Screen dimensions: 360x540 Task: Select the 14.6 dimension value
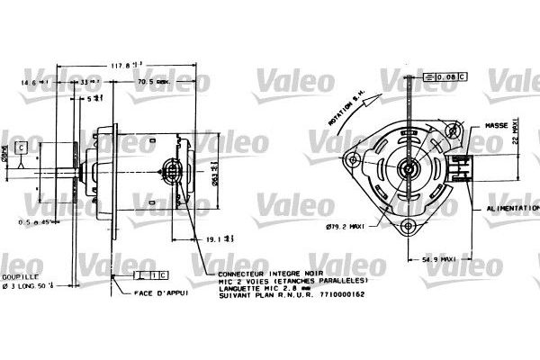point(25,82)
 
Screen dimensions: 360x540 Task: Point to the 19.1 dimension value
point(213,239)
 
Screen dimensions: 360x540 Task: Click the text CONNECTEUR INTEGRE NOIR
point(257,271)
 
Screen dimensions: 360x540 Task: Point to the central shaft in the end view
point(409,167)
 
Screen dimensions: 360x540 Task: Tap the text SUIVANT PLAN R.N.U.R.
point(256,295)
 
